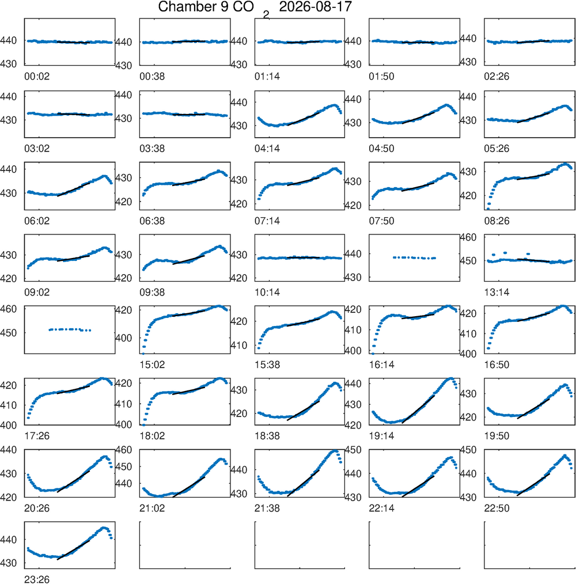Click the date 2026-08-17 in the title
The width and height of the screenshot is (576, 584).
click(315, 7)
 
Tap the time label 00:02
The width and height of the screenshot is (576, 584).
click(37, 77)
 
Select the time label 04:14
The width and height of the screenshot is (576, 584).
click(267, 149)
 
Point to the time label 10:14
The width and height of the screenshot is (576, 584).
click(267, 293)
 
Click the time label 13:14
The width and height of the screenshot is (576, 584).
click(497, 293)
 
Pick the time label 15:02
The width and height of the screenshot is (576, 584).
click(152, 365)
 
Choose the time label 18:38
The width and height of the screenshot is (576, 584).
click(267, 436)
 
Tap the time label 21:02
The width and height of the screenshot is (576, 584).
click(152, 508)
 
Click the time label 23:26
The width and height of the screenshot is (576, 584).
click(37, 579)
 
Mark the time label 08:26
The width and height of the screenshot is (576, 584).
click(497, 221)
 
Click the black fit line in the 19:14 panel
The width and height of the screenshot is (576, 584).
click(418, 409)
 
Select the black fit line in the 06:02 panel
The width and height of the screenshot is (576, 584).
click(73, 189)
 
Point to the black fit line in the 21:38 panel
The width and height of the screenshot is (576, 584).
click(304, 483)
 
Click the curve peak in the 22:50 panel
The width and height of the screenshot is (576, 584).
click(564, 456)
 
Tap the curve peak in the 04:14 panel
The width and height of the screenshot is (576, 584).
click(335, 105)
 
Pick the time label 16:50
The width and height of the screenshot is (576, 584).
click(497, 365)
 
